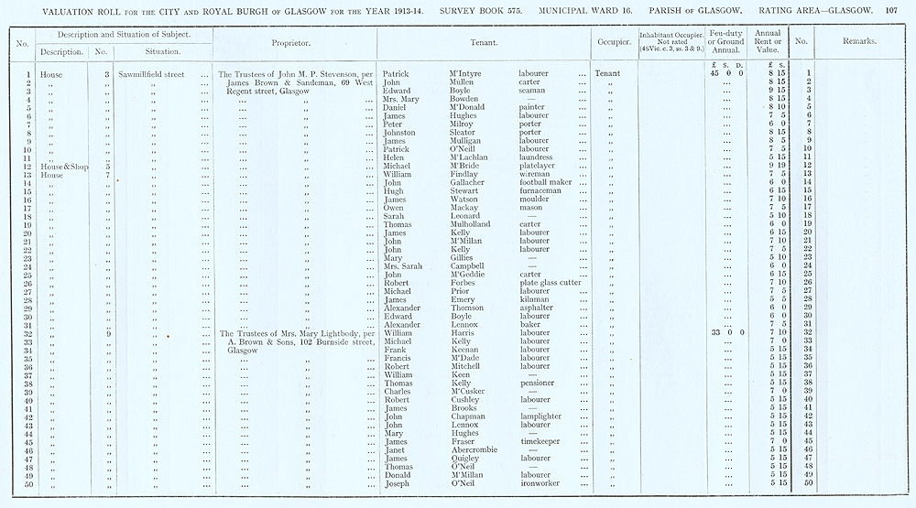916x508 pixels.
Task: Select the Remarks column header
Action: [858, 42]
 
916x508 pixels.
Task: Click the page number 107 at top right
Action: [899, 11]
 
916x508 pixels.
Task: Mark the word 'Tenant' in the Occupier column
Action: [606, 73]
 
